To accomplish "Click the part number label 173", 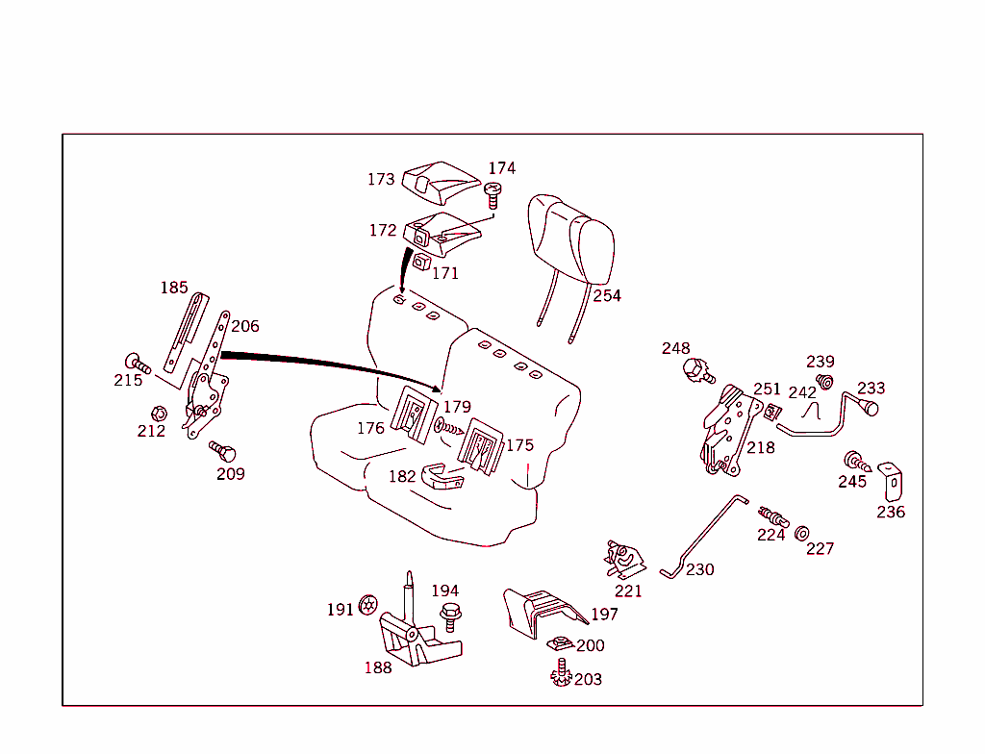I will point(381,180).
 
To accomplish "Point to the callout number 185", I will point(174,288).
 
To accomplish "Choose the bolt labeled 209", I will point(220,451).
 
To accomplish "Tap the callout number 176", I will point(370,428).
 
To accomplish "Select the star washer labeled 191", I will point(366,605).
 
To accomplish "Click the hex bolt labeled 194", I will point(448,615).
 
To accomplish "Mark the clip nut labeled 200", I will point(557,644).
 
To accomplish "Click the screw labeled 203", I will point(561,675).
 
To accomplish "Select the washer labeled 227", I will point(801,532).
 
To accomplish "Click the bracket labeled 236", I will point(891,481).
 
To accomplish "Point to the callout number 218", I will point(760,448).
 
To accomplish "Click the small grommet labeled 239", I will point(824,382).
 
